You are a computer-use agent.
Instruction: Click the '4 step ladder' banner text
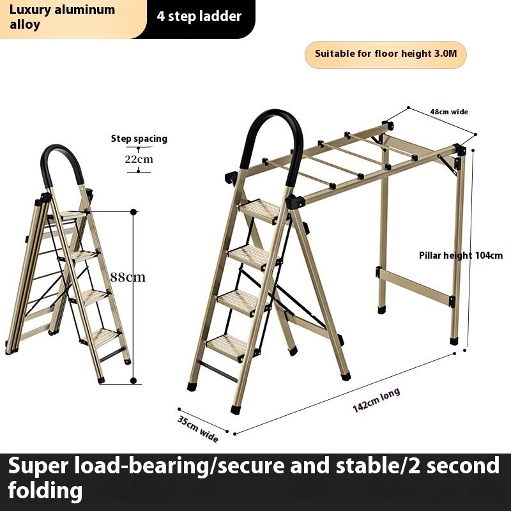[x=199, y=16]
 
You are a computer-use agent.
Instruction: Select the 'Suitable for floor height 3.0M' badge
[x=386, y=54]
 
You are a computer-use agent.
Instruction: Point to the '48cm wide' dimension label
[x=448, y=112]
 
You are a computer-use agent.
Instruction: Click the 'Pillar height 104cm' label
[x=461, y=256]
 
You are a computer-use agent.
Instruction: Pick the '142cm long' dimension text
[x=376, y=400]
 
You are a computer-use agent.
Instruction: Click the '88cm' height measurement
[x=128, y=277]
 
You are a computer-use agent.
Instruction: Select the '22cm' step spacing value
[x=138, y=159]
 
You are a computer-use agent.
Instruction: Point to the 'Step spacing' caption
[x=139, y=138]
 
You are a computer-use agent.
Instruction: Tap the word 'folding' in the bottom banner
[x=45, y=491]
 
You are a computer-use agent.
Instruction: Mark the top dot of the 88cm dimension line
[x=133, y=211]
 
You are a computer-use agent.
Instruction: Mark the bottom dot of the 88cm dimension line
[x=133, y=381]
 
